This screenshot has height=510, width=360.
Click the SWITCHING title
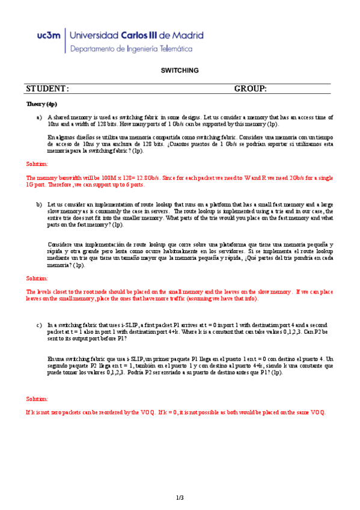pos(180,70)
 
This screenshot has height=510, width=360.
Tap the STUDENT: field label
pos(47,89)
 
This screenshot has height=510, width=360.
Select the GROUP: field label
pos(250,89)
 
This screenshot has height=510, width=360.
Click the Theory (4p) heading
pos(41,104)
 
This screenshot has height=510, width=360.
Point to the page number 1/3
pos(180,497)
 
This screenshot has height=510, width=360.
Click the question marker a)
pos(39,118)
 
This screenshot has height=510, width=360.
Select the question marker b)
pos(39,204)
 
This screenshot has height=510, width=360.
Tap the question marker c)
pos(39,324)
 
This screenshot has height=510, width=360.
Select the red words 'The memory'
pos(41,178)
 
